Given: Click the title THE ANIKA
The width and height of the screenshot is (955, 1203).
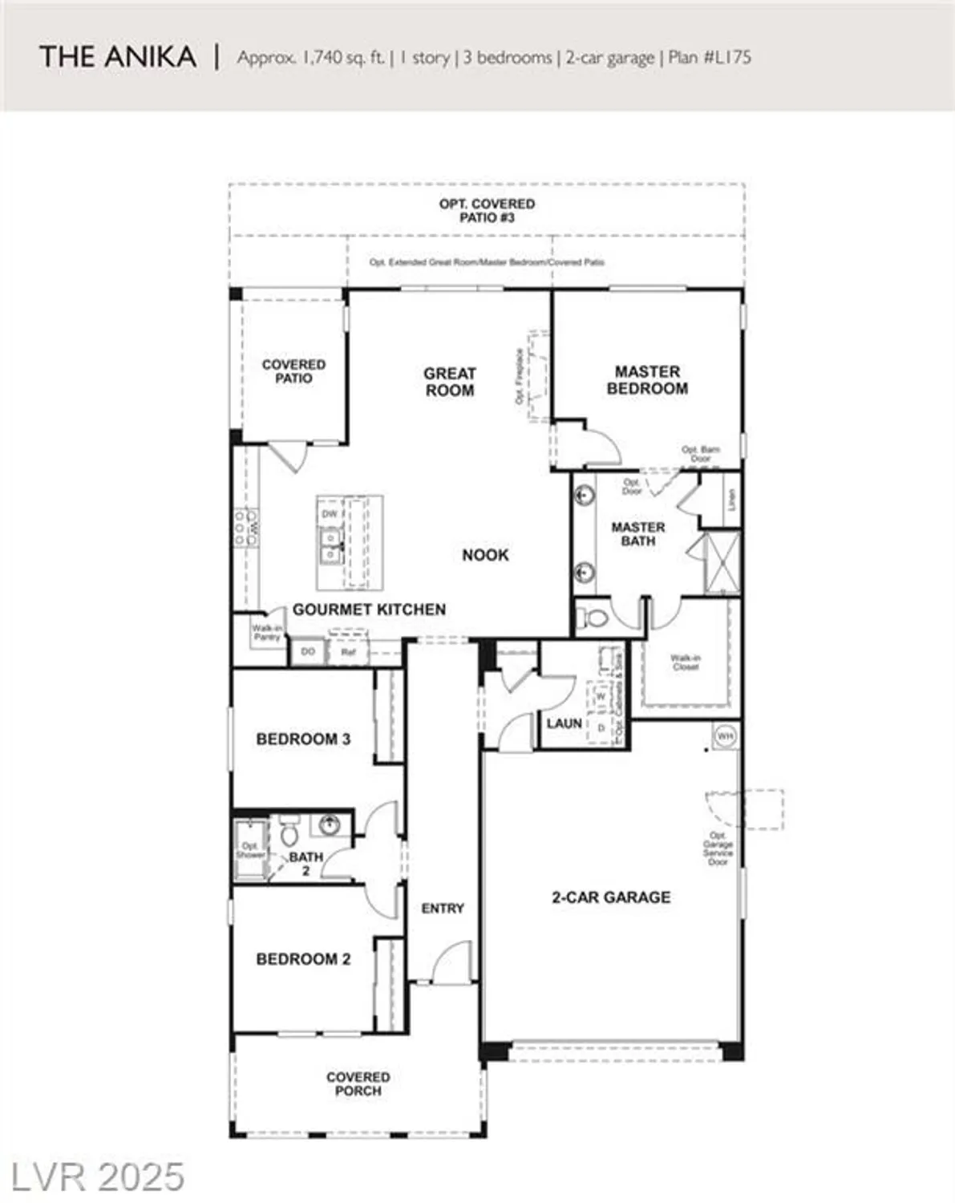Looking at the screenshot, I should (118, 57).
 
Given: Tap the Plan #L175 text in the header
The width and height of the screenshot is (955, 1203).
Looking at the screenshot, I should (710, 58).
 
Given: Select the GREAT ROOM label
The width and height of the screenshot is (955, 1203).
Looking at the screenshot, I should (449, 382).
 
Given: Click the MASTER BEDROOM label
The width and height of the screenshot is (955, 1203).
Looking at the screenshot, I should (647, 380).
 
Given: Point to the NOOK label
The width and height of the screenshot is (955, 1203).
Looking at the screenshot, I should (485, 555).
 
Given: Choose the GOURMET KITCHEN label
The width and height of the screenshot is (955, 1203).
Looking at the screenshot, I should (369, 610).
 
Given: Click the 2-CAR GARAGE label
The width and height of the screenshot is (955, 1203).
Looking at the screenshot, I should (611, 897).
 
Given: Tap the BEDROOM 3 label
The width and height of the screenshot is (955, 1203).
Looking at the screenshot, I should (303, 739).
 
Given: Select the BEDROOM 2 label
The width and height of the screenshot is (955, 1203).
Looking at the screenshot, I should (303, 959).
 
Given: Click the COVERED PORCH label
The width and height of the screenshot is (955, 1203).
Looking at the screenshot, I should (358, 1084).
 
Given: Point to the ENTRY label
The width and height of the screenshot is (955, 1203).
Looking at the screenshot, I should (443, 909).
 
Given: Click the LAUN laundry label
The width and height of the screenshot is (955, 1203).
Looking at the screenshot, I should (564, 723).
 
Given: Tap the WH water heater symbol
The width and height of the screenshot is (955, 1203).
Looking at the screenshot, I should (725, 735).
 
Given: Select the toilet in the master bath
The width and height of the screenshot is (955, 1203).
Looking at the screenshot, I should (594, 619).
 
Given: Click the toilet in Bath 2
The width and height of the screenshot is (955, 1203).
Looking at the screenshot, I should (289, 834).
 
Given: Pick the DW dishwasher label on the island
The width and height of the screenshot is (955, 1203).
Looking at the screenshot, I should (330, 514).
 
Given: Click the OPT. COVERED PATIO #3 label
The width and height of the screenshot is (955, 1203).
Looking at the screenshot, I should (487, 211).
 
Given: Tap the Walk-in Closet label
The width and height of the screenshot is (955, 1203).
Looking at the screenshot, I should (686, 662).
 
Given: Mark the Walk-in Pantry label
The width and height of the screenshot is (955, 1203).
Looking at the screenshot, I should (266, 633).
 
